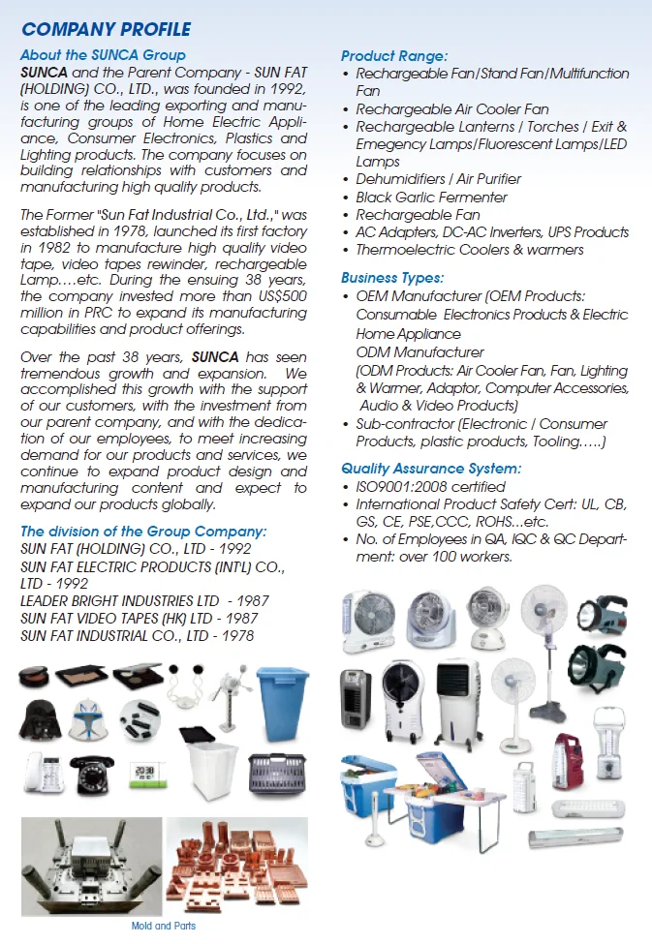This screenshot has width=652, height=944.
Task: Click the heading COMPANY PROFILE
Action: tap(106, 30)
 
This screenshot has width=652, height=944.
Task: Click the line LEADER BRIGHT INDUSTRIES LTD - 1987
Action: tap(144, 600)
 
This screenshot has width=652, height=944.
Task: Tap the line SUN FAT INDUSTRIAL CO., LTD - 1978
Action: tap(137, 635)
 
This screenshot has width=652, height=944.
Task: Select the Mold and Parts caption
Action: tap(163, 926)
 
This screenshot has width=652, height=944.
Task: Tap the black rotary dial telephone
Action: tap(93, 774)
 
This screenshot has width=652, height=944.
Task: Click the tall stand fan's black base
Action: tap(546, 715)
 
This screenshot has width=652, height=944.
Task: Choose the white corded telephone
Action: tap(42, 774)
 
